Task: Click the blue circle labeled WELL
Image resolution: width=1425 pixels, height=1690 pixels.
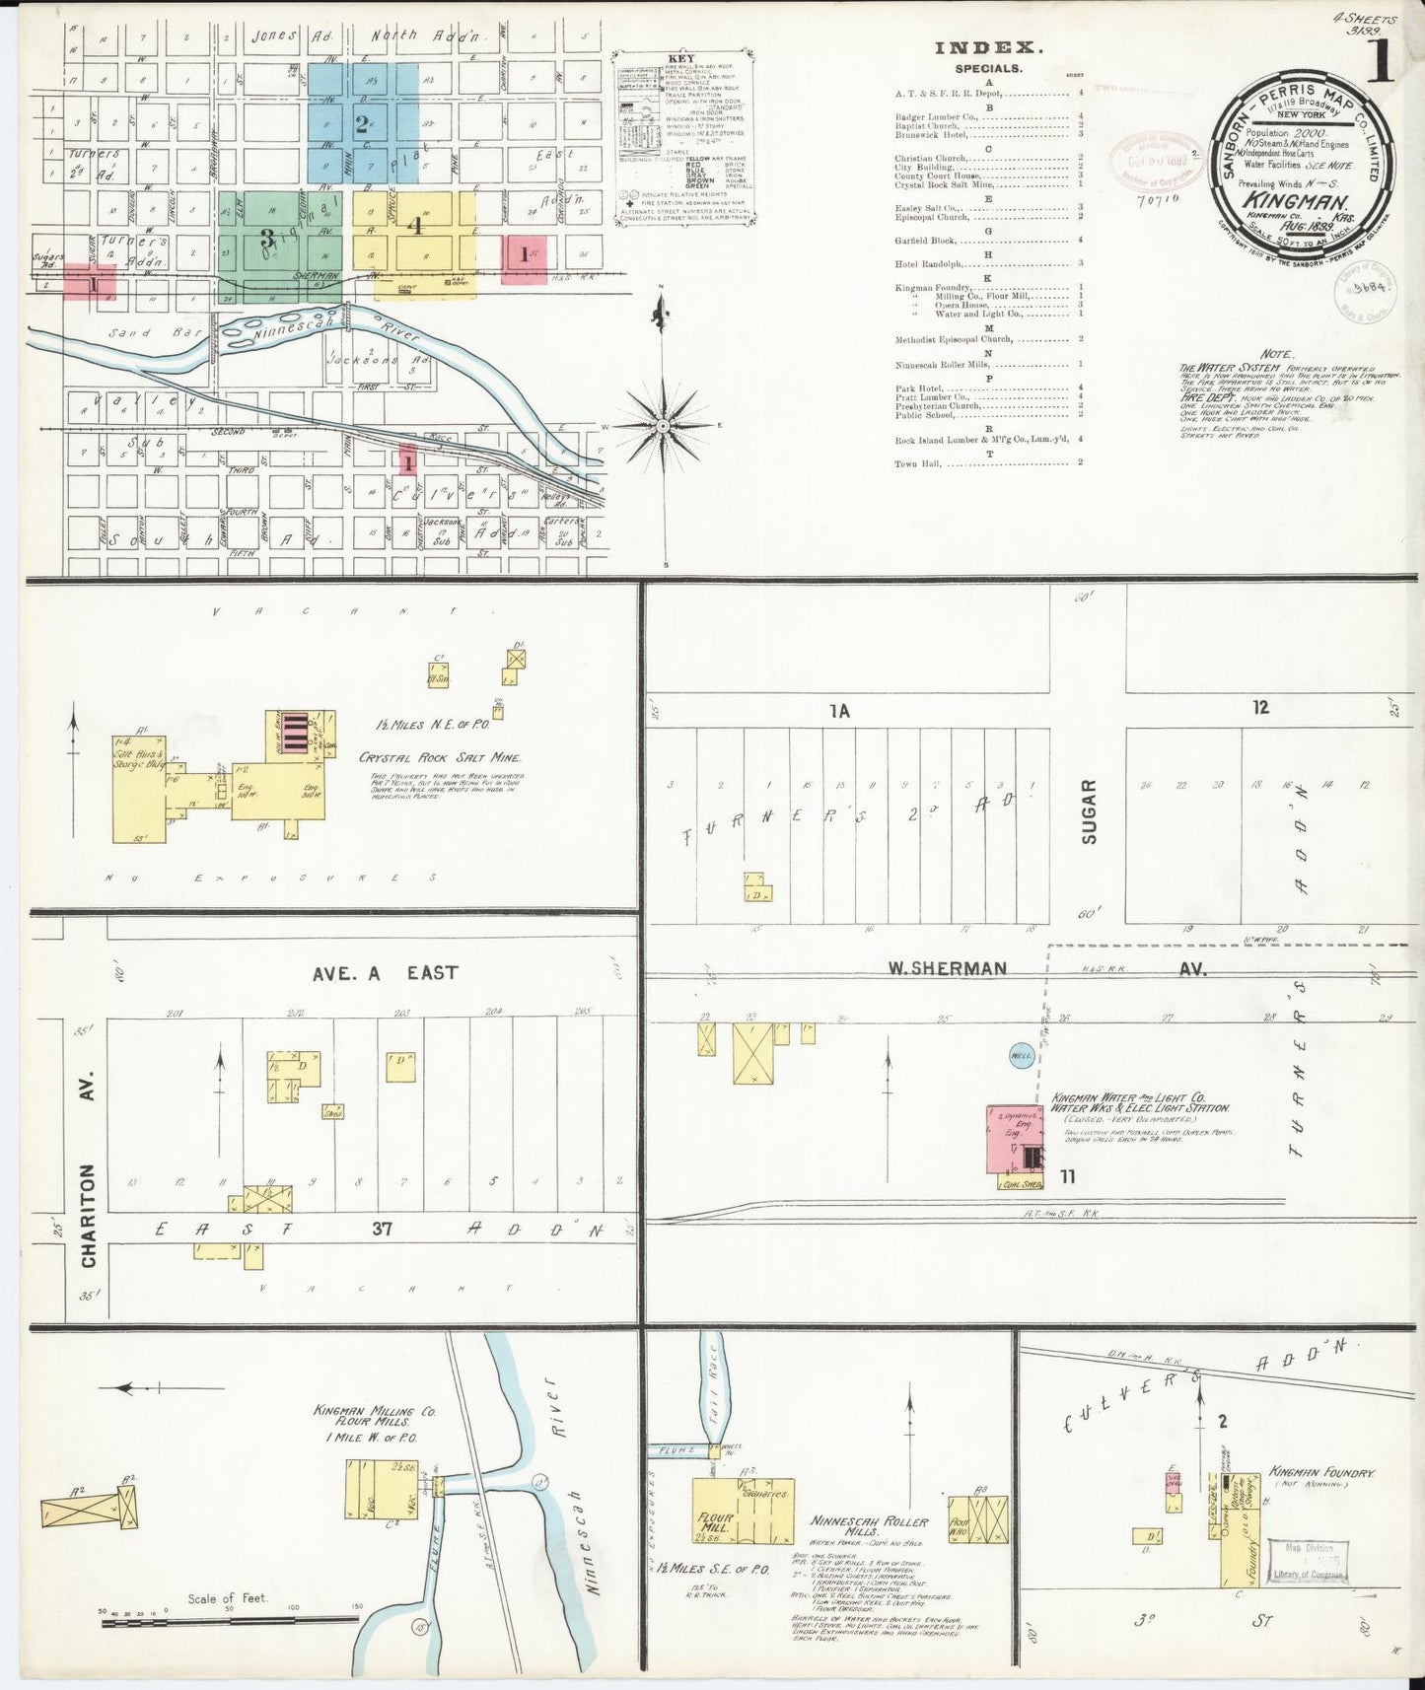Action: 1021,1056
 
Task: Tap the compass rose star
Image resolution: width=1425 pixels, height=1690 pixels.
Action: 664,426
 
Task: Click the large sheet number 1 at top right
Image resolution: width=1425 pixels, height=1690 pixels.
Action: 1380,62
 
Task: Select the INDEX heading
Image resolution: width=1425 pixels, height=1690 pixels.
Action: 986,47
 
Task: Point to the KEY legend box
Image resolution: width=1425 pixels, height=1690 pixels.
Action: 683,137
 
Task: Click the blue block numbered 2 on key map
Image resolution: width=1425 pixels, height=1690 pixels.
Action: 362,124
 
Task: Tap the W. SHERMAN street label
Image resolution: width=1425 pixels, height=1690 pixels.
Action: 946,968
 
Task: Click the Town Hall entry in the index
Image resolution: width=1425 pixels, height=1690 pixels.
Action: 913,462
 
